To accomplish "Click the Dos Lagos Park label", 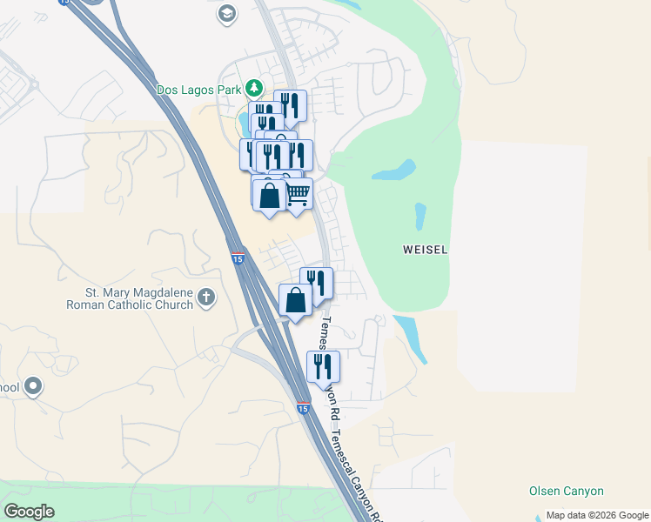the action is tap(199, 89).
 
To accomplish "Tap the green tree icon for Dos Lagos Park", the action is tap(253, 88).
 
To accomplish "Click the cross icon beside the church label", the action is tap(205, 298).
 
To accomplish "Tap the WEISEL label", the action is tap(426, 250).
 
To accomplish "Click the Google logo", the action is tap(29, 512).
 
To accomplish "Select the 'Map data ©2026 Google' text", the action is tap(598, 515).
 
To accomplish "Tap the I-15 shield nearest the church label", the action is tap(238, 258).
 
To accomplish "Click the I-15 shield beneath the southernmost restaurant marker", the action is tap(302, 407).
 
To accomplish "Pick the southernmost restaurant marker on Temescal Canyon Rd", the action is tap(323, 366).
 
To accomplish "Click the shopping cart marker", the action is tap(298, 193).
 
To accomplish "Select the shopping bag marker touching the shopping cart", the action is tap(270, 195).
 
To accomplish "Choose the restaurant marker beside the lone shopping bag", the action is tap(317, 283).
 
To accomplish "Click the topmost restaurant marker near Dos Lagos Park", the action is tap(290, 105).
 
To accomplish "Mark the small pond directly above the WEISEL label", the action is tap(420, 215).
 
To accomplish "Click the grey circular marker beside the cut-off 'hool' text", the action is tap(34, 385).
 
